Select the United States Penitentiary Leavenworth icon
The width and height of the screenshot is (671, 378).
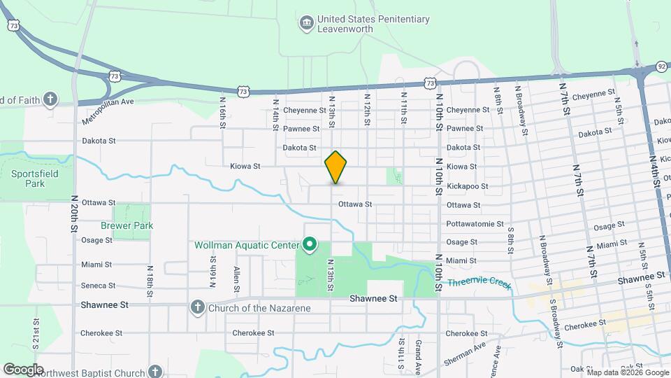click(x=306, y=24)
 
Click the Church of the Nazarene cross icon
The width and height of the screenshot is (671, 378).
click(x=198, y=307)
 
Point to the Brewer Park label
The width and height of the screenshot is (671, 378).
click(x=127, y=226)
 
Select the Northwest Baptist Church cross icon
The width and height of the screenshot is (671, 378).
click(x=155, y=372)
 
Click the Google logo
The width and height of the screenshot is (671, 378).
click(x=23, y=369)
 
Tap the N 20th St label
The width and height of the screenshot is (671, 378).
click(x=73, y=213)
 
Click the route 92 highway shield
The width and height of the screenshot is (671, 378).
click(x=661, y=66)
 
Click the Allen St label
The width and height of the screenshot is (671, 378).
click(x=237, y=279)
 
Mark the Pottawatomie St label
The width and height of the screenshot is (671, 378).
click(x=475, y=224)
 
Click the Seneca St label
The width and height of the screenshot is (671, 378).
click(x=98, y=286)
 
